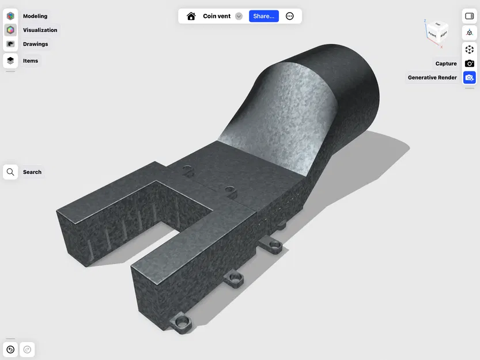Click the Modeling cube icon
(10, 16)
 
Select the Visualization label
(40, 30)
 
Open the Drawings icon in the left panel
(10, 44)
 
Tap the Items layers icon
(10, 60)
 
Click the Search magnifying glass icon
(10, 172)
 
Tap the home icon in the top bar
(191, 16)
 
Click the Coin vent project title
(217, 16)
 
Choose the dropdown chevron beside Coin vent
(239, 16)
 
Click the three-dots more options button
(290, 16)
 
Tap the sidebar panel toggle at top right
(469, 16)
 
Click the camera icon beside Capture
(469, 63)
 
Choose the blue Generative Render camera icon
(469, 77)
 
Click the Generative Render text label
(432, 77)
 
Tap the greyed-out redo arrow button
(27, 349)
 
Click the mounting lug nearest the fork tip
(183, 321)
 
